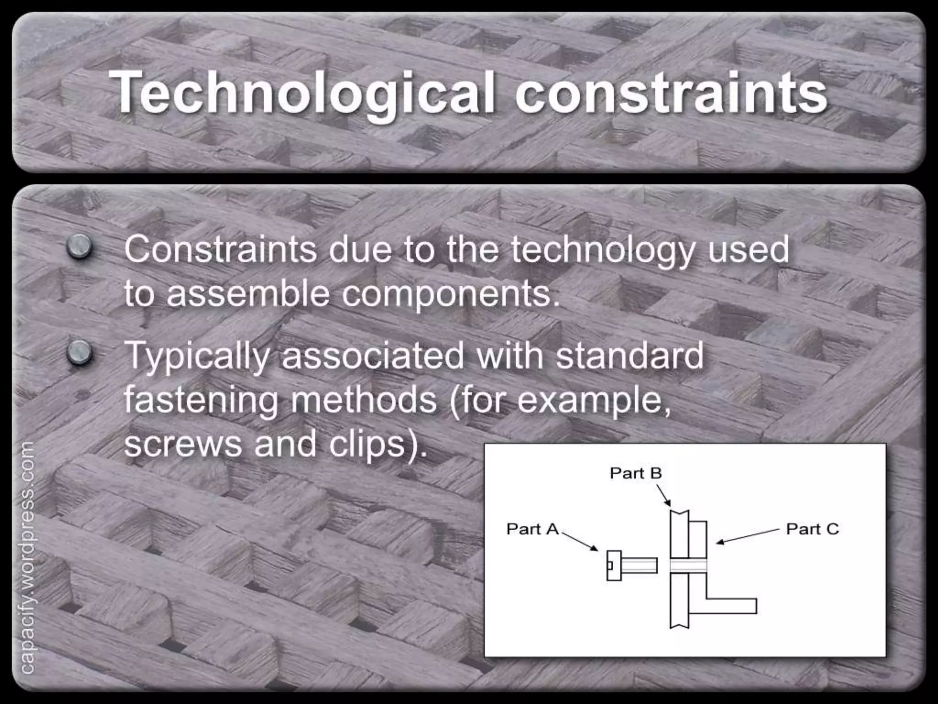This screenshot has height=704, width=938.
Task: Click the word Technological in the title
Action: point(302,93)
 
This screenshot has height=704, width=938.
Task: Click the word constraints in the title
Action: point(671,93)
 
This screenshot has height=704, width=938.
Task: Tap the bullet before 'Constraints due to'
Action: point(80,247)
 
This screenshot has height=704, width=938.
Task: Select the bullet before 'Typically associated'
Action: point(80,353)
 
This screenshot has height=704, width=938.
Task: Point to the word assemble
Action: point(248,293)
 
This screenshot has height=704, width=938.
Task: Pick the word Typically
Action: point(197,357)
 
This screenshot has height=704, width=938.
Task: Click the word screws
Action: point(182,444)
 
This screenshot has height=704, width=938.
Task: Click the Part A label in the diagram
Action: point(533,529)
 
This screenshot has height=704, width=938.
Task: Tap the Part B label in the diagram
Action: point(636,473)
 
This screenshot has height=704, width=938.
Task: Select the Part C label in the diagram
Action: point(812,529)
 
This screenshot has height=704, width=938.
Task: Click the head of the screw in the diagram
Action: point(614,566)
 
